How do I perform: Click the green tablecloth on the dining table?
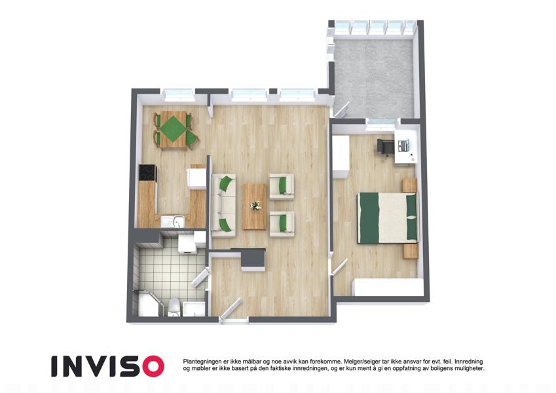pos(173,129)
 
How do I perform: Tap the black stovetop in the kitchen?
pos(147,173)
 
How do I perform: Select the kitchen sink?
pos(173,221)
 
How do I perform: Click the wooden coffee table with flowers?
pos(255,206)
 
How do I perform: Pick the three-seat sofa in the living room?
pos(223,206)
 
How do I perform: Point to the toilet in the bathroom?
pos(174,307)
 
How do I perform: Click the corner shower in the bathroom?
pos(147,304)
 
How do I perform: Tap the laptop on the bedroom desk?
pos(404,144)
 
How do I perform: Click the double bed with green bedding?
pos(387,217)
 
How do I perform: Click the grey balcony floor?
pos(373,79)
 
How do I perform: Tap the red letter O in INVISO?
pos(153,366)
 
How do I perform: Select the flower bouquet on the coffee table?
pos(255,206)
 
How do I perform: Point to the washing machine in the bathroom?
pos(186,243)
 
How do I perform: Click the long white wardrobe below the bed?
pos(390,288)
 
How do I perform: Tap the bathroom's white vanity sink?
pos(194,309)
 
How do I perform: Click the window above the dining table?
pos(179,94)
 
